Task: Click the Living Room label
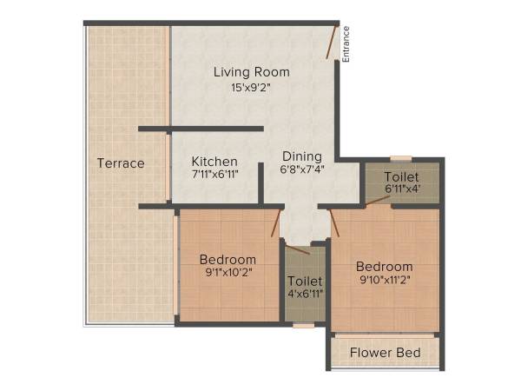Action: point(252,71)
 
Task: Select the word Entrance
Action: point(346,43)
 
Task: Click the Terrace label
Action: point(121,163)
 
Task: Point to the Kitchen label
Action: point(214,161)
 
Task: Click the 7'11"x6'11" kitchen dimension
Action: point(214,174)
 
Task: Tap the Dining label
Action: point(302,156)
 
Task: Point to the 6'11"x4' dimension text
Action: point(400,189)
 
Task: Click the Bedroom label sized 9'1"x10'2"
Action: point(228,259)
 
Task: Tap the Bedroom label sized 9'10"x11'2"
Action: point(384,266)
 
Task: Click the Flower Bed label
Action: point(385,353)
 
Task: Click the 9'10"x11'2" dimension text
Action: point(384,280)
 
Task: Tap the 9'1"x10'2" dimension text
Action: point(228,273)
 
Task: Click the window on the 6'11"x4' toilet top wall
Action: point(400,158)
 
